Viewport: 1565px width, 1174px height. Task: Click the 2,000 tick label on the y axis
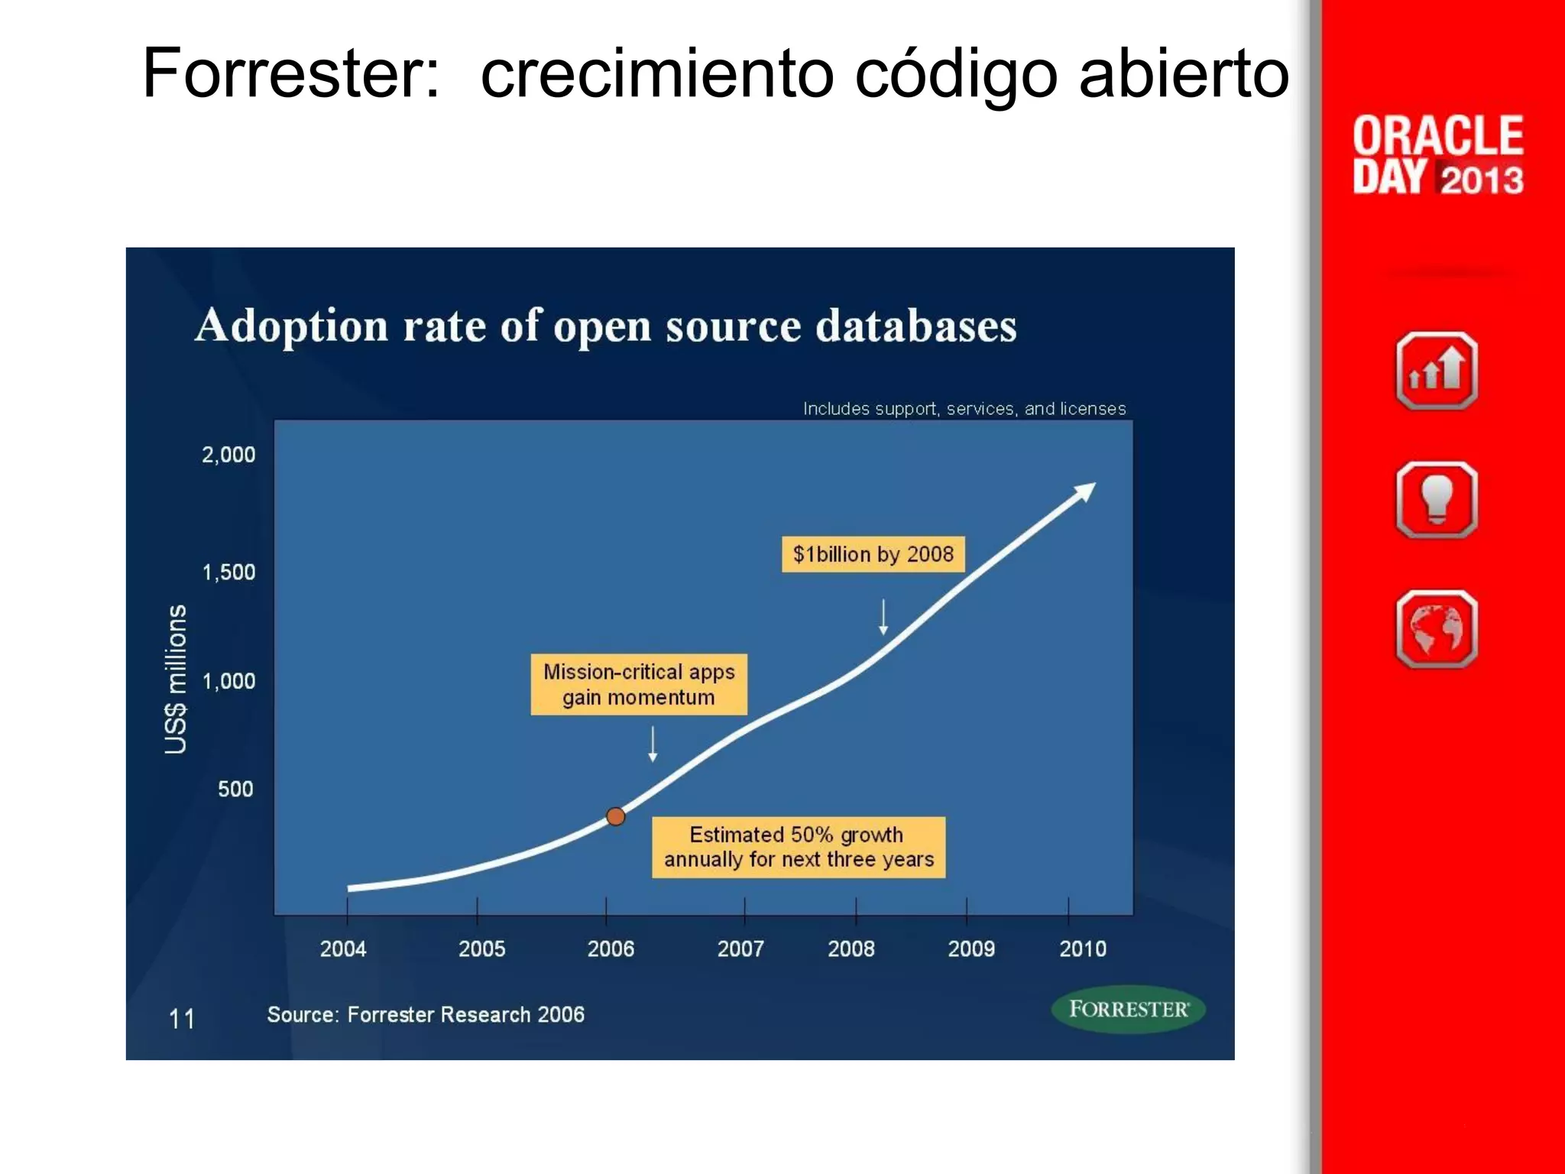coord(228,455)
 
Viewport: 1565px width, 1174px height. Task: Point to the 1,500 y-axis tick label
coord(228,572)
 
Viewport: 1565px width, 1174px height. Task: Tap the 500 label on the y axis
coord(235,789)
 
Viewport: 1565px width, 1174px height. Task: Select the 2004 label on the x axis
coord(343,949)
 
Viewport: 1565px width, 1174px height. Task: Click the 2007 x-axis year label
coord(740,949)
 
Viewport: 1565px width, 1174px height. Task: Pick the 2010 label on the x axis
coord(1082,949)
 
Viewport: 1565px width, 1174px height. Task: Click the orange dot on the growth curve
coord(616,816)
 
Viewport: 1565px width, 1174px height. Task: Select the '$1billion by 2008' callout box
coord(873,554)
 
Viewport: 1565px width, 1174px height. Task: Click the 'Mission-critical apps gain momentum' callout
coord(639,684)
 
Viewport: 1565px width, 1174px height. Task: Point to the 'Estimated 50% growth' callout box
coord(798,847)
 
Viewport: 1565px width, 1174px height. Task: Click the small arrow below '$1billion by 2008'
coord(883,618)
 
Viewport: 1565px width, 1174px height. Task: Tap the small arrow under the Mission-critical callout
coord(653,744)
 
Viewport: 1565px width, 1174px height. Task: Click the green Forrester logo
coord(1128,1009)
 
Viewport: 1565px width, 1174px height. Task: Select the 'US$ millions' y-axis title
coord(176,679)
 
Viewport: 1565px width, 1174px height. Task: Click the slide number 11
coord(182,1019)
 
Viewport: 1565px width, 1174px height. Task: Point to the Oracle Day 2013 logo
coord(1437,156)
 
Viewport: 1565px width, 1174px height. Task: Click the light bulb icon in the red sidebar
coord(1437,500)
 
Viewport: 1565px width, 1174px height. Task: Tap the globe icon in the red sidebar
coord(1437,629)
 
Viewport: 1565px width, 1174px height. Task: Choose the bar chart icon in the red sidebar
coord(1437,371)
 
